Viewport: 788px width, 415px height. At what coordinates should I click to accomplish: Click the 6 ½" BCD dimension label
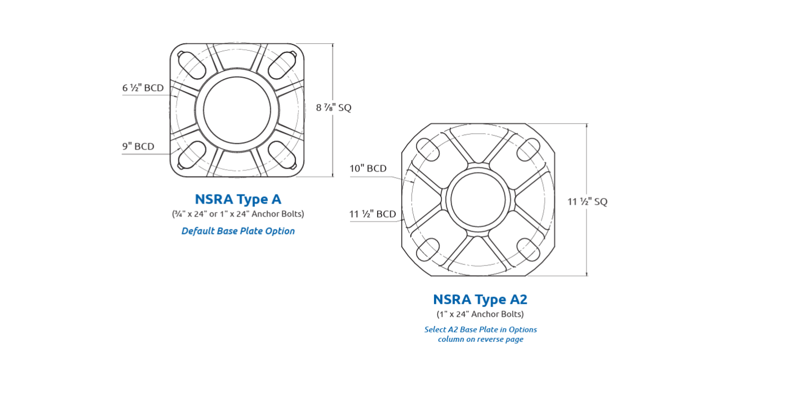tap(143, 88)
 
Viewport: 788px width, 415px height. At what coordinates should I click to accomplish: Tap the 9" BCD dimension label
tap(138, 146)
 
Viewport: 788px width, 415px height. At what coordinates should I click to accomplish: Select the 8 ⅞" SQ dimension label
tap(333, 107)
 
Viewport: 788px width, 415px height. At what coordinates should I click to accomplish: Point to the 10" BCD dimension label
tap(368, 168)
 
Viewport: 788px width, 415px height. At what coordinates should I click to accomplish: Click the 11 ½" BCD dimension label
tap(373, 214)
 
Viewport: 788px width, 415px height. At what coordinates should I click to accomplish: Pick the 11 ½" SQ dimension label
tap(587, 202)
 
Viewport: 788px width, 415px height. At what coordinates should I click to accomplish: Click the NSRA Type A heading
tap(238, 199)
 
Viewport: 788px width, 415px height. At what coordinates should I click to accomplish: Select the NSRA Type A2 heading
tap(480, 299)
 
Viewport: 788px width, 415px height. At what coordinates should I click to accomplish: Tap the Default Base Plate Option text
tap(238, 231)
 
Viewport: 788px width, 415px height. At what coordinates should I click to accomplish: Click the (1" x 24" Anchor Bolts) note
tap(480, 314)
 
